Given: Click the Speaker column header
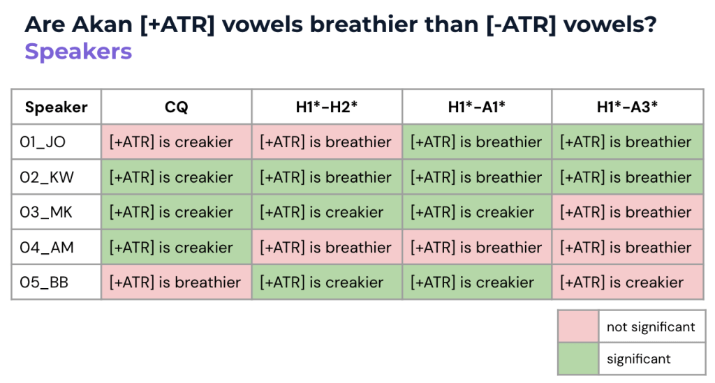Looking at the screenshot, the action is (56, 107).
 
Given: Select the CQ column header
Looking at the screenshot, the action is (176, 107).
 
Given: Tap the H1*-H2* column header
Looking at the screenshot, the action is (327, 107).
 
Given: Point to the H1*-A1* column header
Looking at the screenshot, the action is (476, 107).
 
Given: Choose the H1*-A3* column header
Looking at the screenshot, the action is (628, 107).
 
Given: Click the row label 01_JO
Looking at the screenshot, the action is (43, 142).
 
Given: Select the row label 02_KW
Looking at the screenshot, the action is (47, 177).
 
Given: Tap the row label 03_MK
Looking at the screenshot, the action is (45, 212).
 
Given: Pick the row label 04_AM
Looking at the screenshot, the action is (47, 247).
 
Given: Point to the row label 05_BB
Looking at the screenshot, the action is (44, 283).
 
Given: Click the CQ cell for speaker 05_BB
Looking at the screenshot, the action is (176, 283).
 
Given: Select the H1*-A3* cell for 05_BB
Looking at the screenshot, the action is (628, 283).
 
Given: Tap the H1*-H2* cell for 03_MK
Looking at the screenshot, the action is (327, 212).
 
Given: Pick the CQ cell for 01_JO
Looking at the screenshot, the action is (176, 142).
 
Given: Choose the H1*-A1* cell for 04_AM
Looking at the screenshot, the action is (476, 247).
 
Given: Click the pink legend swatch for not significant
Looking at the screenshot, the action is (578, 326).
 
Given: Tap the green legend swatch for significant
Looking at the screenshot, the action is (578, 359).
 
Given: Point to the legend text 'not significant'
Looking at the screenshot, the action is (651, 327).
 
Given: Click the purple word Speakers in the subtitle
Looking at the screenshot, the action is (78, 52).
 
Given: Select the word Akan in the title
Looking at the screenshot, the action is (102, 24).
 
